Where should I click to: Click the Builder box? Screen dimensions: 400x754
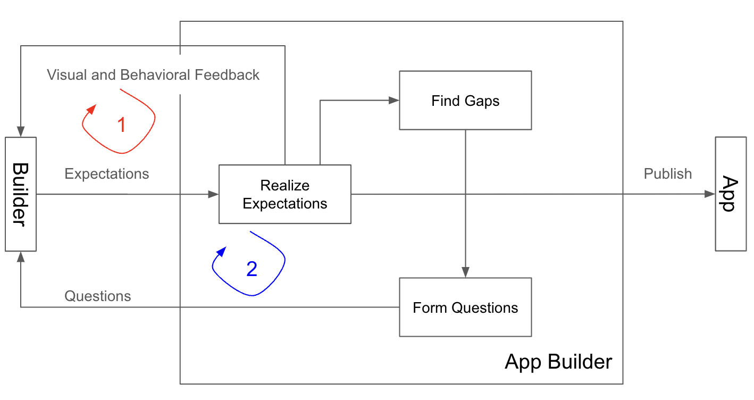pyautogui.click(x=21, y=194)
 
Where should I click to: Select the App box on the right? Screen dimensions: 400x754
pyautogui.click(x=731, y=194)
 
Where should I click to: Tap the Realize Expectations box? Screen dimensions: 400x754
pyautogui.click(x=284, y=194)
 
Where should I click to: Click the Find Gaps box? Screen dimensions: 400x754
pyautogui.click(x=465, y=101)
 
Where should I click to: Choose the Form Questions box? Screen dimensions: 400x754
pyautogui.click(x=465, y=307)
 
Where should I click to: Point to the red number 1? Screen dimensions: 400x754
pyautogui.click(x=121, y=125)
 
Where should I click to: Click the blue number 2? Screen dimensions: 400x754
pyautogui.click(x=252, y=269)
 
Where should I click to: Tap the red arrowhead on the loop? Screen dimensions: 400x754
pyautogui.click(x=91, y=109)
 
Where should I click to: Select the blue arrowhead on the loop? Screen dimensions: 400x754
pyautogui.click(x=222, y=251)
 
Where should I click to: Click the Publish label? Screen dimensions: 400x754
pyautogui.click(x=667, y=174)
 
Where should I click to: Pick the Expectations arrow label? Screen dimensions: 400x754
pyautogui.click(x=107, y=174)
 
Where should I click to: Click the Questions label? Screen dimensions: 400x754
pyautogui.click(x=98, y=296)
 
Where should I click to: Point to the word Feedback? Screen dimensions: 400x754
pyautogui.click(x=227, y=75)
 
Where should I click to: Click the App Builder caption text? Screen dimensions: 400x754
pyautogui.click(x=558, y=362)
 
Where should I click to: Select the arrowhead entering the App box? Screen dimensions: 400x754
pyautogui.click(x=710, y=194)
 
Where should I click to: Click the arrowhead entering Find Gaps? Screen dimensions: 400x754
pyautogui.click(x=394, y=100)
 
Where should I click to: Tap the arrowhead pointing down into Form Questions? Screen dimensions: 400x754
pyautogui.click(x=465, y=272)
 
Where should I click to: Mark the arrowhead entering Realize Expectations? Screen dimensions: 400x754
pyautogui.click(x=214, y=194)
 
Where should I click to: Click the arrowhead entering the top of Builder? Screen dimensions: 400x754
pyautogui.click(x=21, y=132)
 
